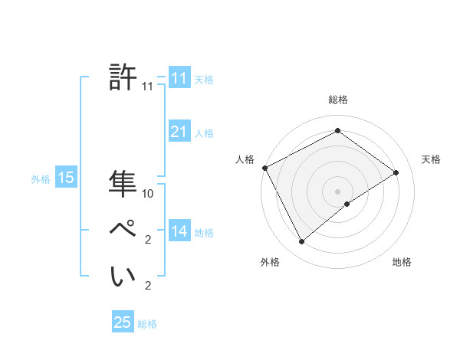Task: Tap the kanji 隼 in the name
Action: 123,184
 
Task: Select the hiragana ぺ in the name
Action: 123,229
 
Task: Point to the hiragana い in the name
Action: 123,276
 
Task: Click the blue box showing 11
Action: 179,78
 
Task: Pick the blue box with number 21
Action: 179,132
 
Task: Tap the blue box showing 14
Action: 179,231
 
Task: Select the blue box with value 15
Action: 65,178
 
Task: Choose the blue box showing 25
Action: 123,322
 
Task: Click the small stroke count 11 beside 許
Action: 148,87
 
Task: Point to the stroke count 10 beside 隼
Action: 148,194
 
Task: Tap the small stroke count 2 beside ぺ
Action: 148,241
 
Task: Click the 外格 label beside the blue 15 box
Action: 41,179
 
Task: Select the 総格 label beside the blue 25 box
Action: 147,324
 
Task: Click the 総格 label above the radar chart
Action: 337,100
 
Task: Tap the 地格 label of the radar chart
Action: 402,263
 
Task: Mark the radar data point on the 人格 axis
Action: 264,168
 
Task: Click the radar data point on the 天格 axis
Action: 396,172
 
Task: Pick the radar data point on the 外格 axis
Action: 301,242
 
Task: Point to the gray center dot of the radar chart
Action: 337,191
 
